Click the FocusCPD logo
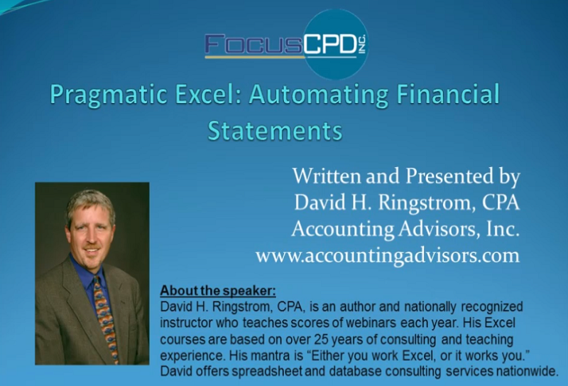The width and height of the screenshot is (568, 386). coord(286,44)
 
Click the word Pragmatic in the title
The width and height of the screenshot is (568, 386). coord(109,95)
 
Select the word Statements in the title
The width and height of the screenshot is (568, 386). coord(275,131)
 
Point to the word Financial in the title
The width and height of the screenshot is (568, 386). coord(448,94)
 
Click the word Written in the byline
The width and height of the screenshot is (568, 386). coord(327,176)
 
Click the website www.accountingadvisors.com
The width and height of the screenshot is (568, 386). coord(388,256)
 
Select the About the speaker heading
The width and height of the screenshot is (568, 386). coord(218,291)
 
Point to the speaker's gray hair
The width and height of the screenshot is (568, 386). coord(91,203)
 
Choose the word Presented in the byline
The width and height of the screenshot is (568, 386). coord(449,176)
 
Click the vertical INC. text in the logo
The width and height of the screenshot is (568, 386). coord(363,45)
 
